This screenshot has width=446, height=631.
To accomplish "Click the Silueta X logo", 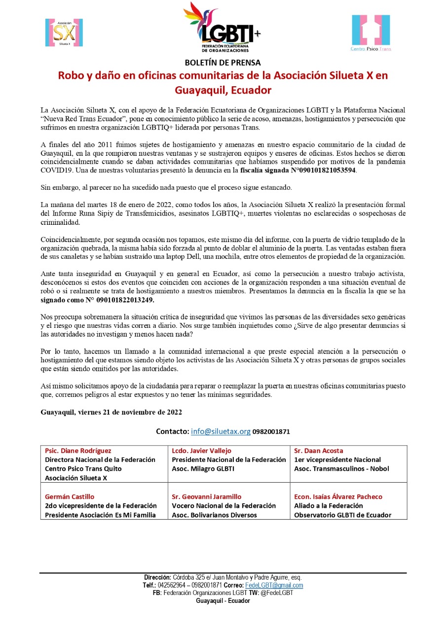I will pyautogui.click(x=64, y=33).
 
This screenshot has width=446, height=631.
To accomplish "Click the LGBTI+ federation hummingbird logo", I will pyautogui.click(x=222, y=27).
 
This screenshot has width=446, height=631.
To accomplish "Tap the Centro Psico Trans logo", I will pyautogui.click(x=370, y=33).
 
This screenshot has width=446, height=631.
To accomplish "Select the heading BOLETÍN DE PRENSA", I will pyautogui.click(x=223, y=63).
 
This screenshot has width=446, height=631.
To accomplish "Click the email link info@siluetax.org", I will pyautogui.click(x=221, y=431).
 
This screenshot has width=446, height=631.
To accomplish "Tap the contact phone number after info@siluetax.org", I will pyautogui.click(x=271, y=432).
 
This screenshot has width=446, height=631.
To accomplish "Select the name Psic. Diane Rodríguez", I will pyautogui.click(x=78, y=451).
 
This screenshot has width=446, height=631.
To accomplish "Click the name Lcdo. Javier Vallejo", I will pyautogui.click(x=201, y=451).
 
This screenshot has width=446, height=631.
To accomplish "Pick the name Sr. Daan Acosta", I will pyautogui.click(x=318, y=451).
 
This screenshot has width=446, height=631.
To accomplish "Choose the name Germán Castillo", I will pyautogui.click(x=70, y=496).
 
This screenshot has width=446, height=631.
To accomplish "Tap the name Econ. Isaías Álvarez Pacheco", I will pyautogui.click(x=338, y=496).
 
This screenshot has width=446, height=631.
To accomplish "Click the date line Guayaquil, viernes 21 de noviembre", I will pyautogui.click(x=111, y=412).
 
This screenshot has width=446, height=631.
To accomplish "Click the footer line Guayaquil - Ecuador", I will pyautogui.click(x=223, y=601).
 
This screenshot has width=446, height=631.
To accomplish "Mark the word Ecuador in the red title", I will pyautogui.click(x=252, y=91).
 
